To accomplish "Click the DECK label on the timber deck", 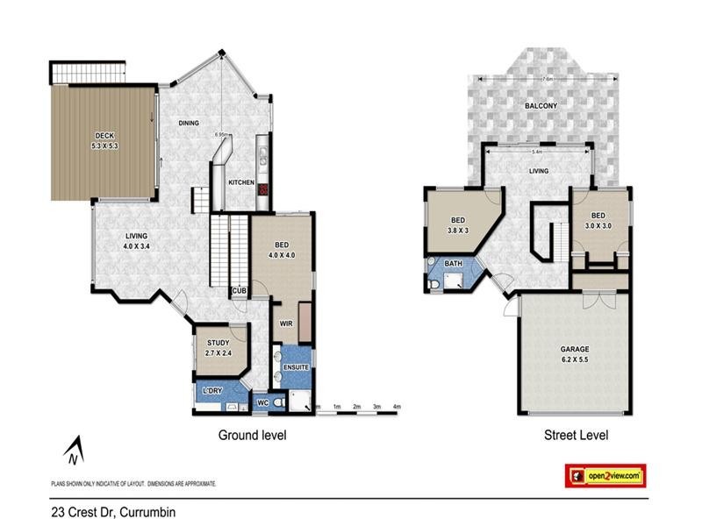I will [x=104, y=135].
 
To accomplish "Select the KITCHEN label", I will [x=241, y=182].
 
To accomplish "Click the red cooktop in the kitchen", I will [x=262, y=189].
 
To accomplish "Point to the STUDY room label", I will [x=218, y=343].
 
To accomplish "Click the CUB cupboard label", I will [x=238, y=291].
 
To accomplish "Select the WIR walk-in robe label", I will [x=285, y=323].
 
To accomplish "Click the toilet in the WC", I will [x=277, y=402].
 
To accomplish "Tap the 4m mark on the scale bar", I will [x=396, y=407].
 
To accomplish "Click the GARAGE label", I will [x=575, y=349].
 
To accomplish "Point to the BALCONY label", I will [x=541, y=106].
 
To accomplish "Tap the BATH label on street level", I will [x=453, y=263].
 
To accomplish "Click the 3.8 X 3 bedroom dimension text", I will [x=457, y=231].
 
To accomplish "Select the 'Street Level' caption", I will [x=577, y=435].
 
